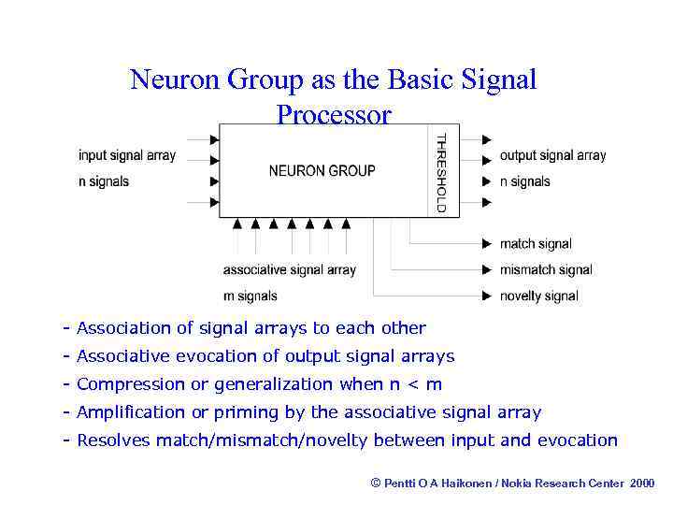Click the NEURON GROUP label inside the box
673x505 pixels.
point(322,170)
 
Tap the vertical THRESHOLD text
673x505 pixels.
point(441,173)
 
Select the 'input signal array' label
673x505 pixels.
point(126,155)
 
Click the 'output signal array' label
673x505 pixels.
point(552,155)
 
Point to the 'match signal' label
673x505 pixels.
point(536,244)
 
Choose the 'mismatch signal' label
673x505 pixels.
point(546,270)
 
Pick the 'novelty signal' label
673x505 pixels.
point(539,296)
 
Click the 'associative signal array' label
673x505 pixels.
point(289,270)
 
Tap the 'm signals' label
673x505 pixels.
point(250,296)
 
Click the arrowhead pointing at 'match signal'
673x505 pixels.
point(487,244)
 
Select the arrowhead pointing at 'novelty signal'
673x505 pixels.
point(487,296)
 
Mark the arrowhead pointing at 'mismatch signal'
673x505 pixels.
point(487,270)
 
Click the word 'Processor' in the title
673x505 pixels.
point(334,115)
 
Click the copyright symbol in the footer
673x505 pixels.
point(376,483)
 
